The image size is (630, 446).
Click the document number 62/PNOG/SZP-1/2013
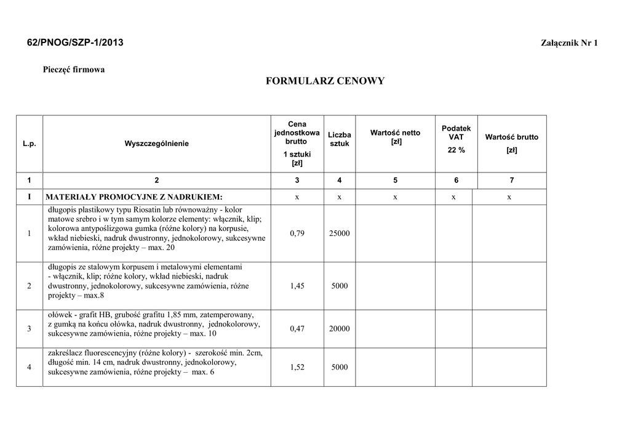coord(75,43)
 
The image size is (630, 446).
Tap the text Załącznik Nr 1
coord(569,43)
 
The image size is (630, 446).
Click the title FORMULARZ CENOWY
coord(325,81)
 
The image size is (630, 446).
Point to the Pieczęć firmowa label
coord(74,70)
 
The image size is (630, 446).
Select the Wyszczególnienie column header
coord(157,144)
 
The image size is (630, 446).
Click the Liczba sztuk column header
coord(339,139)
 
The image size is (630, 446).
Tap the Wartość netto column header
coord(395,137)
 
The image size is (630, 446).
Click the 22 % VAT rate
coord(456,150)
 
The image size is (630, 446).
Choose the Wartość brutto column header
coord(511,137)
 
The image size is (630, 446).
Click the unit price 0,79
coord(297,233)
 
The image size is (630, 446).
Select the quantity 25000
coord(339,233)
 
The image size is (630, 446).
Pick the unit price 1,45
coord(297,286)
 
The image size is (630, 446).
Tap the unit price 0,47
coord(297,328)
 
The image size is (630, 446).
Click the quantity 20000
coord(339,328)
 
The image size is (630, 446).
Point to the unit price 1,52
coord(297,367)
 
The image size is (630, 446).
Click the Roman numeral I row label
coord(29,197)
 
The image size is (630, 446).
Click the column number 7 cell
coord(511,180)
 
